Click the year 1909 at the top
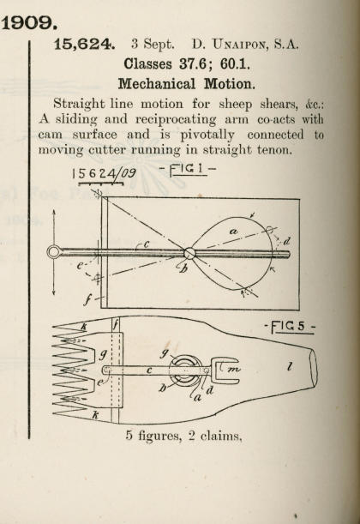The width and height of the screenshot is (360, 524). click(x=29, y=22)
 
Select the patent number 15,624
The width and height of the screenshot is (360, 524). click(x=84, y=45)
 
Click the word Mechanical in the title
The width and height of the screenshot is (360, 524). click(x=157, y=83)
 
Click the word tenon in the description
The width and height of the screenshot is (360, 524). click(x=275, y=149)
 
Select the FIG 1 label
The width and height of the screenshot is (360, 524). click(x=188, y=169)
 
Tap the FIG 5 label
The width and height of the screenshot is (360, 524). click(x=290, y=327)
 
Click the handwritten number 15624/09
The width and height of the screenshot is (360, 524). click(x=104, y=173)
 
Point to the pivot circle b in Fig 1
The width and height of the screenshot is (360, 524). click(x=189, y=253)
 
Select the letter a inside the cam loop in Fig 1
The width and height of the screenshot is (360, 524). click(x=234, y=231)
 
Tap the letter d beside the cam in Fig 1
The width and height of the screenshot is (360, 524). click(x=286, y=241)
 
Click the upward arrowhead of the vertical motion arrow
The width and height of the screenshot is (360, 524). click(x=54, y=212)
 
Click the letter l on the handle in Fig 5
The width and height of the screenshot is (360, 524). click(x=290, y=366)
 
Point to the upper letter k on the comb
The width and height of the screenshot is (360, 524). click(x=83, y=327)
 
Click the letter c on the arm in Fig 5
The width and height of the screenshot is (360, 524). click(x=150, y=370)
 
